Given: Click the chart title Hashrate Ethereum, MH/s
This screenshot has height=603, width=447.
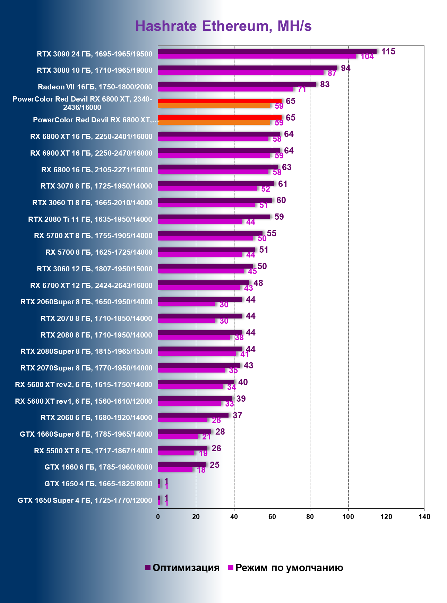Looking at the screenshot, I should (x=223, y=26).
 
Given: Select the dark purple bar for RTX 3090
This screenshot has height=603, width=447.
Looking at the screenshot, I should (x=267, y=51).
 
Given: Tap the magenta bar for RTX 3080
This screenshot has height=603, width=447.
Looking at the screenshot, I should (x=241, y=73).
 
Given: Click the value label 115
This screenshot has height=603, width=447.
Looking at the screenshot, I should (x=388, y=52).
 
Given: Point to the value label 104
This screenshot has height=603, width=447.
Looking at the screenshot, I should (x=367, y=57).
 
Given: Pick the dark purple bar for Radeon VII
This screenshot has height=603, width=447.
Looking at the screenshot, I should (x=237, y=84).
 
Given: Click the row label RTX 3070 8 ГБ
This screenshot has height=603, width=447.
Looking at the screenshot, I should (x=96, y=186).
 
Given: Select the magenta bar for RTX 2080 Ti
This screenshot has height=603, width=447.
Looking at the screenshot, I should (x=200, y=221).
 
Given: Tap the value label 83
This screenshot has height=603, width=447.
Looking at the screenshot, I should (x=325, y=85).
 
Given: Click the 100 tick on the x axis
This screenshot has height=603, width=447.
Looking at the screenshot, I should (x=348, y=517).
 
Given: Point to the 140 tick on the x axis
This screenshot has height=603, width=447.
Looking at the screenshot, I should (x=424, y=517).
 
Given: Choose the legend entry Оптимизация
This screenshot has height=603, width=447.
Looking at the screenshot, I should (x=182, y=568).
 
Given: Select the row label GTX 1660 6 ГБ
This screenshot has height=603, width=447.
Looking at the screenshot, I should (x=98, y=467).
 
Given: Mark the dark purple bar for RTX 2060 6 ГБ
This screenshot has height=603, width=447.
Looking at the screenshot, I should (x=193, y=415).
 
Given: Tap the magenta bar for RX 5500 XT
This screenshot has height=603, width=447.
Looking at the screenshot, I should (x=176, y=453).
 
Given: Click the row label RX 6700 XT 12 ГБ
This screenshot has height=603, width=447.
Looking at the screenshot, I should (x=91, y=286).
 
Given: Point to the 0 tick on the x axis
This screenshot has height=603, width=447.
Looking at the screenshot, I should (x=158, y=517).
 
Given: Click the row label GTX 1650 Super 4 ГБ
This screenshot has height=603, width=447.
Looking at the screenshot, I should (x=85, y=500).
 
